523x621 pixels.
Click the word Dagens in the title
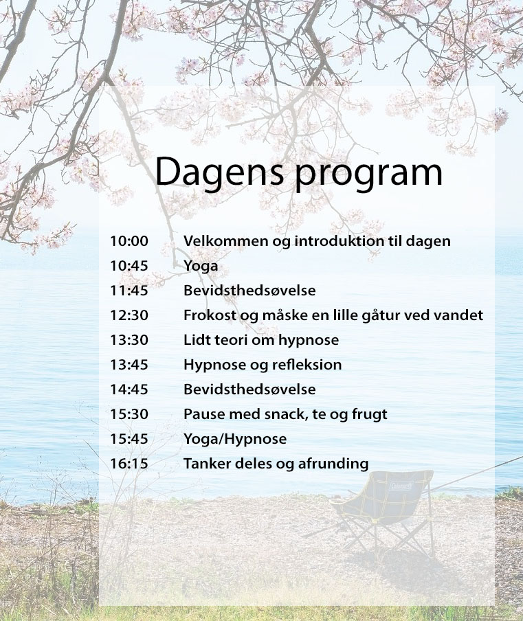tap(219, 172)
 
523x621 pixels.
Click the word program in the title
tap(368, 175)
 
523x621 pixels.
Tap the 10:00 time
tap(129, 241)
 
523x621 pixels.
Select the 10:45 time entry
tap(129, 266)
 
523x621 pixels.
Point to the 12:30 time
tap(129, 315)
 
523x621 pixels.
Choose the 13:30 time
tap(129, 340)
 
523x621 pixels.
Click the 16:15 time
tap(129, 464)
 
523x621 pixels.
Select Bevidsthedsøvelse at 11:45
tap(249, 291)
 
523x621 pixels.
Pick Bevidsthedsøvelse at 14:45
tap(249, 389)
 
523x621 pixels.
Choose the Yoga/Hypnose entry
tap(235, 440)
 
